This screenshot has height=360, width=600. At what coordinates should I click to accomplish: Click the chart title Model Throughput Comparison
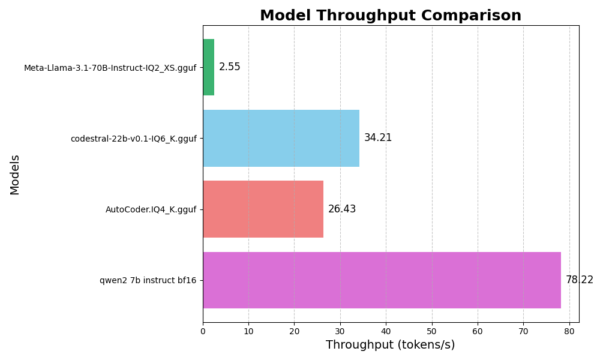coord(390,16)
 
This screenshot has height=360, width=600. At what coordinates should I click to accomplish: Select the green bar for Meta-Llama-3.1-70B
coord(208,67)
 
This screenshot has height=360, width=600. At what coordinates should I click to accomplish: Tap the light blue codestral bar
coord(281,138)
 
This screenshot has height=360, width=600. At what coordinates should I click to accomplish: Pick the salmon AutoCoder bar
coord(263,209)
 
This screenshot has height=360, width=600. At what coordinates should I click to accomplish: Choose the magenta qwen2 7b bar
coord(382,280)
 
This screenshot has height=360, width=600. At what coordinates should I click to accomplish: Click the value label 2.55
coord(229,67)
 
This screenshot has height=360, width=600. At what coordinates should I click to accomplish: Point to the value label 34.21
coord(378,138)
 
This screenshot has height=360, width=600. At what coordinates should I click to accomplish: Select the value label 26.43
coord(342,209)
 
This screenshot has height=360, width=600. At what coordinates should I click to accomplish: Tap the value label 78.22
coord(579,280)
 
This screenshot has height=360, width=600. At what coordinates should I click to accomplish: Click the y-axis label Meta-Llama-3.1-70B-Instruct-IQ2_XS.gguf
coord(110,68)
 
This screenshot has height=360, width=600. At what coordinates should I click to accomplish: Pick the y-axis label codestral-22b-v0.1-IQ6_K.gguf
coord(133,139)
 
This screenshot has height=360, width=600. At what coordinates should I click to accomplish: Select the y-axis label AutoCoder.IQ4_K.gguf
coord(151,209)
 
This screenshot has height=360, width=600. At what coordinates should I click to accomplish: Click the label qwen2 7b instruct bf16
coord(148,280)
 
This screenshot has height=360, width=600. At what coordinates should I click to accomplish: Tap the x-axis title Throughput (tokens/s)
coord(390,345)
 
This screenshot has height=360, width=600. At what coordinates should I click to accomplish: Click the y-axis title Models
coord(15,174)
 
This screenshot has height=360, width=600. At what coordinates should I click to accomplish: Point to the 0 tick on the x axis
coord(203,331)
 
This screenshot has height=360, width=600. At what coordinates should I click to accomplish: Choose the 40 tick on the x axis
coord(386,331)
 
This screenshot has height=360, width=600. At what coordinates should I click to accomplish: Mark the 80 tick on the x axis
coord(569,331)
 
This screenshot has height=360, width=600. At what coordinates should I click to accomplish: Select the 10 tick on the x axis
coord(248,331)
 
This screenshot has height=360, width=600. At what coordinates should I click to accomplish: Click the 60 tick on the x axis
coord(478,331)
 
